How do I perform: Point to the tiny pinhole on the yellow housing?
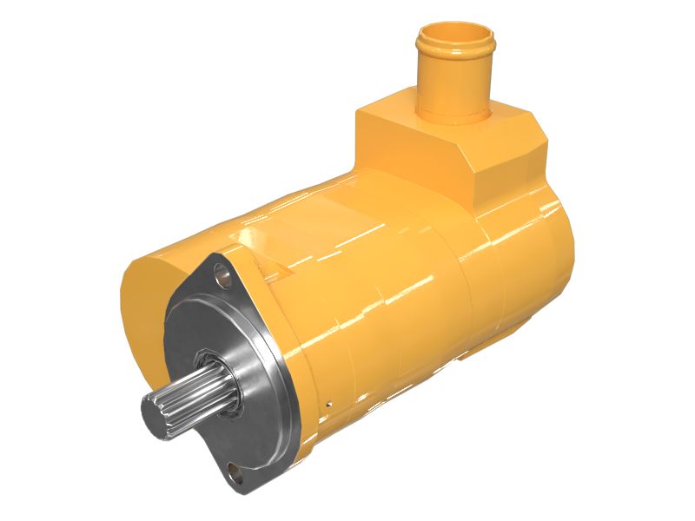tap(329, 403)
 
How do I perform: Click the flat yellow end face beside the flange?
tap(143, 313)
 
